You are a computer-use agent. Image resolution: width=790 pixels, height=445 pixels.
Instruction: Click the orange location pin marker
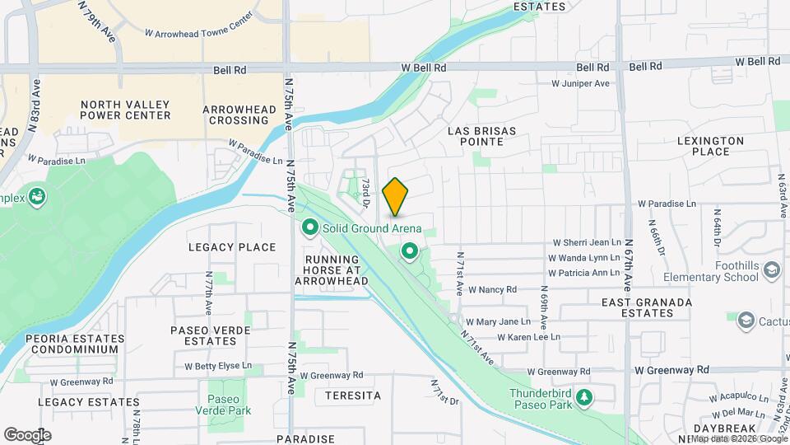tap(395, 196)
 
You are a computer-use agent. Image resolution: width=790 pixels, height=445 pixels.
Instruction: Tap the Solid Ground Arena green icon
tap(310, 227)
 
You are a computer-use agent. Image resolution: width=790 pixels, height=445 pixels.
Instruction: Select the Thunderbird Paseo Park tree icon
tap(584, 398)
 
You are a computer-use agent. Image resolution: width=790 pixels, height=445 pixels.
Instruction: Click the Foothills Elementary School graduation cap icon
tap(771, 270)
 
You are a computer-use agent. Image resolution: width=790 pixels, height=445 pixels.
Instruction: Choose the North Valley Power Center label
tap(126, 110)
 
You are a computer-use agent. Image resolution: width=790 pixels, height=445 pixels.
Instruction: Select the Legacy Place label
tap(232, 247)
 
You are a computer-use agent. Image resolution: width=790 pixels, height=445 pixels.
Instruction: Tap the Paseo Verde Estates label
tap(211, 335)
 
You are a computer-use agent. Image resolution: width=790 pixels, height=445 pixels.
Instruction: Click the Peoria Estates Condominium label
tap(72, 344)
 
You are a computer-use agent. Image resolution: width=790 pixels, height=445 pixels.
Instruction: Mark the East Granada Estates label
tap(647, 307)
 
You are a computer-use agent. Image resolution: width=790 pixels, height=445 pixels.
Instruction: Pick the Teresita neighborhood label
tap(353, 396)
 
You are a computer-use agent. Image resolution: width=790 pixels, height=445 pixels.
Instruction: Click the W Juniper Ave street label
tap(579, 83)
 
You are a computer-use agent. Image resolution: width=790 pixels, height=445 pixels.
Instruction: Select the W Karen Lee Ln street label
tap(528, 337)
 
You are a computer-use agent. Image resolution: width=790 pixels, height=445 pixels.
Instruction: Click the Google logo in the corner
tap(27, 434)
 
